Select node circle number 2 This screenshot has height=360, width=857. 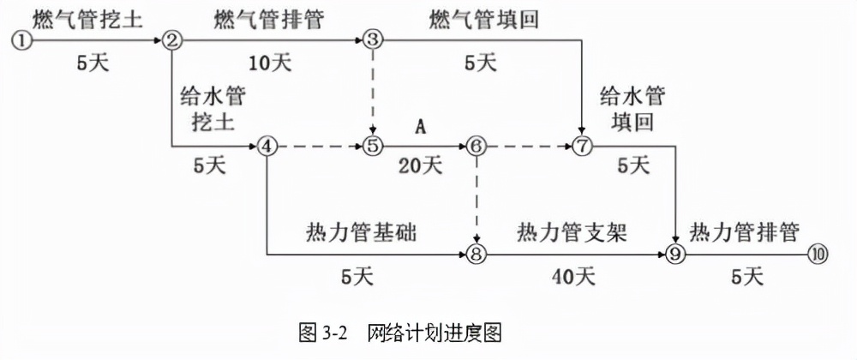[x=172, y=40]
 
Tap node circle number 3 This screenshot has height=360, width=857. [x=372, y=40]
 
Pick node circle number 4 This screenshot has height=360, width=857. [x=268, y=147]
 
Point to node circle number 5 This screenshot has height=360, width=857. [x=372, y=147]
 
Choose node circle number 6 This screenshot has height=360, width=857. [x=476, y=147]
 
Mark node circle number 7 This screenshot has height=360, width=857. [x=583, y=147]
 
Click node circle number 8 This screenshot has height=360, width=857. [x=476, y=254]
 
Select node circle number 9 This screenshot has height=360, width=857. [x=677, y=254]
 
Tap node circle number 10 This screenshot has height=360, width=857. [x=818, y=254]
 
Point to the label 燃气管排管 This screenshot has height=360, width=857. [x=270, y=18]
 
